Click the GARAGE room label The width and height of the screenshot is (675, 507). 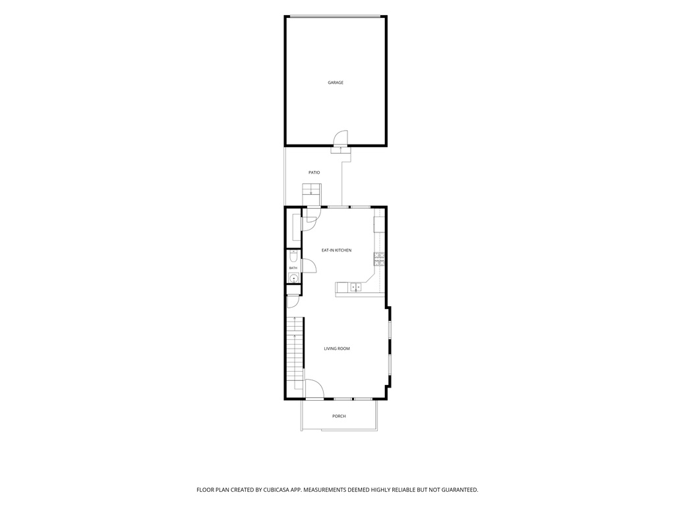336,83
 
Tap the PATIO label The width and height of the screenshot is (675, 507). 314,172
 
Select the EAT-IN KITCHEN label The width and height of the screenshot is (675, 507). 337,250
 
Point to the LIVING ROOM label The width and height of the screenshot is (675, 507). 337,349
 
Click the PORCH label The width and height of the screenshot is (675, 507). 339,416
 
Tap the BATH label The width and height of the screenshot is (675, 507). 293,268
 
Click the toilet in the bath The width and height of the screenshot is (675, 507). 293,257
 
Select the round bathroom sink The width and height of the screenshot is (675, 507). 293,279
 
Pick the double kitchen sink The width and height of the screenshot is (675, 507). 355,287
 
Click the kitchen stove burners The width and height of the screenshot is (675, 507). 379,259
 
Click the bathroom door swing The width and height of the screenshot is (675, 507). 310,265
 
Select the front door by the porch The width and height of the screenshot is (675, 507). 314,389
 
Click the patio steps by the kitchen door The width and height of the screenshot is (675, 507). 312,194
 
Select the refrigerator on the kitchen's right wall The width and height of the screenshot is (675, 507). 379,224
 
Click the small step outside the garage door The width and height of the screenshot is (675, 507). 341,150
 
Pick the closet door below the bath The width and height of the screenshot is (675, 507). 292,301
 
